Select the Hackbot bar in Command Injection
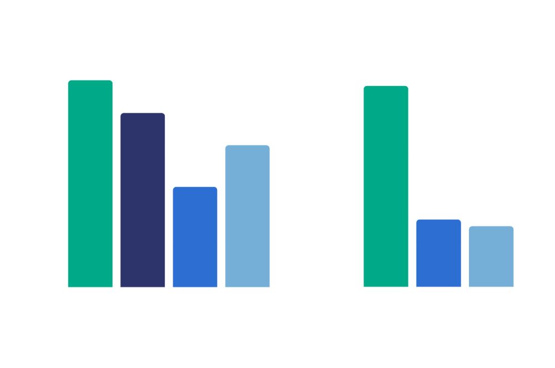point(90,183)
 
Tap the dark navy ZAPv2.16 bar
point(143,200)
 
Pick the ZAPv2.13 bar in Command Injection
point(195,236)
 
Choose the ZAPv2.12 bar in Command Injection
point(248,216)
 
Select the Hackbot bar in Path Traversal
point(386,186)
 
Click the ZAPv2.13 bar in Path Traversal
point(438,253)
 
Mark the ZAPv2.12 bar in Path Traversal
point(491,256)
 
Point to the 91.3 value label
point(90,75)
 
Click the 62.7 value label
point(248,140)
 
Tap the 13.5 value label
point(491,221)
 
